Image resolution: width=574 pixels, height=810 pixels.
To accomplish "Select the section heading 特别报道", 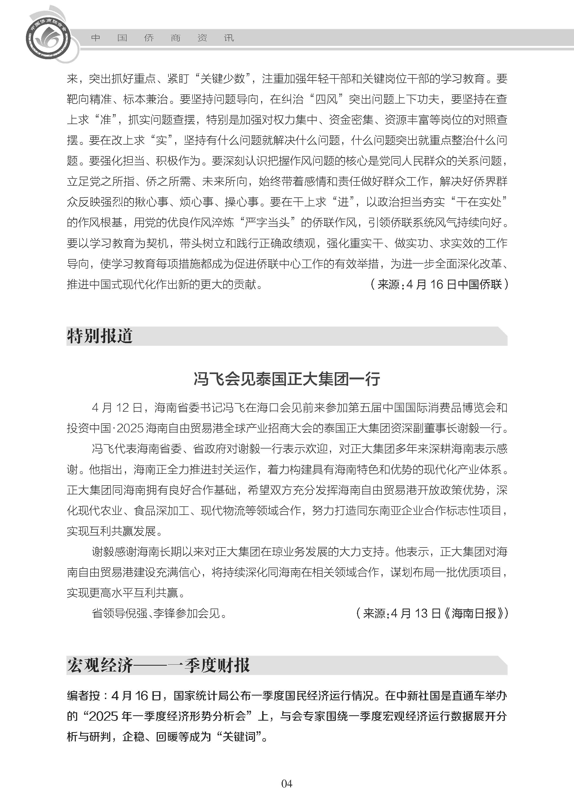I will point(100,336).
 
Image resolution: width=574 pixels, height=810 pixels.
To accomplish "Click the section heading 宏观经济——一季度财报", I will point(158,665).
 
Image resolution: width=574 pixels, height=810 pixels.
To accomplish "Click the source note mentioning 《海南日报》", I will point(432,613).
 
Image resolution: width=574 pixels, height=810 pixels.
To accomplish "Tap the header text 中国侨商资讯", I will point(163,38).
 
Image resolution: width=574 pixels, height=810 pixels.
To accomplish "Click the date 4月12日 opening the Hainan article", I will point(117,408).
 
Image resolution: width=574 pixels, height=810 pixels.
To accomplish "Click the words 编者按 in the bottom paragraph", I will point(84,696).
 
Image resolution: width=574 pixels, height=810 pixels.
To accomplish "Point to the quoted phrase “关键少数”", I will point(223,78).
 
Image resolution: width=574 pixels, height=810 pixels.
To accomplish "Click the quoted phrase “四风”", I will point(326,99).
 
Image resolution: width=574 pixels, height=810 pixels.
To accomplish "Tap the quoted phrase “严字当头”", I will point(268,223).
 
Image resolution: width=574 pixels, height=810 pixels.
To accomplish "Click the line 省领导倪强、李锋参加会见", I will point(159,613).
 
